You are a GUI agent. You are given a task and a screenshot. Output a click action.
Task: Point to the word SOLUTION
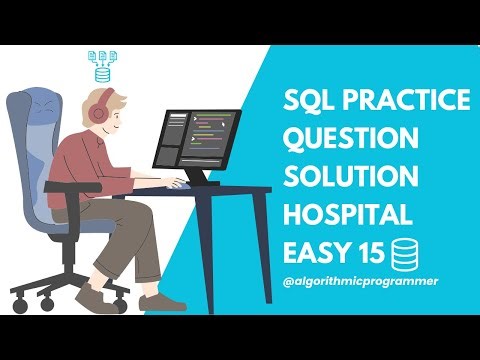pos(349,176)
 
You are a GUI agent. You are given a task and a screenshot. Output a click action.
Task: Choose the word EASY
pos(318,250)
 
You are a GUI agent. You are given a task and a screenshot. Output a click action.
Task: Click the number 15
pos(374,250)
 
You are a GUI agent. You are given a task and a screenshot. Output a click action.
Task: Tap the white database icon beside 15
pos(406,250)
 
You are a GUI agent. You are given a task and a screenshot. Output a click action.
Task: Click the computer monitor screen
pos(196,139)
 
